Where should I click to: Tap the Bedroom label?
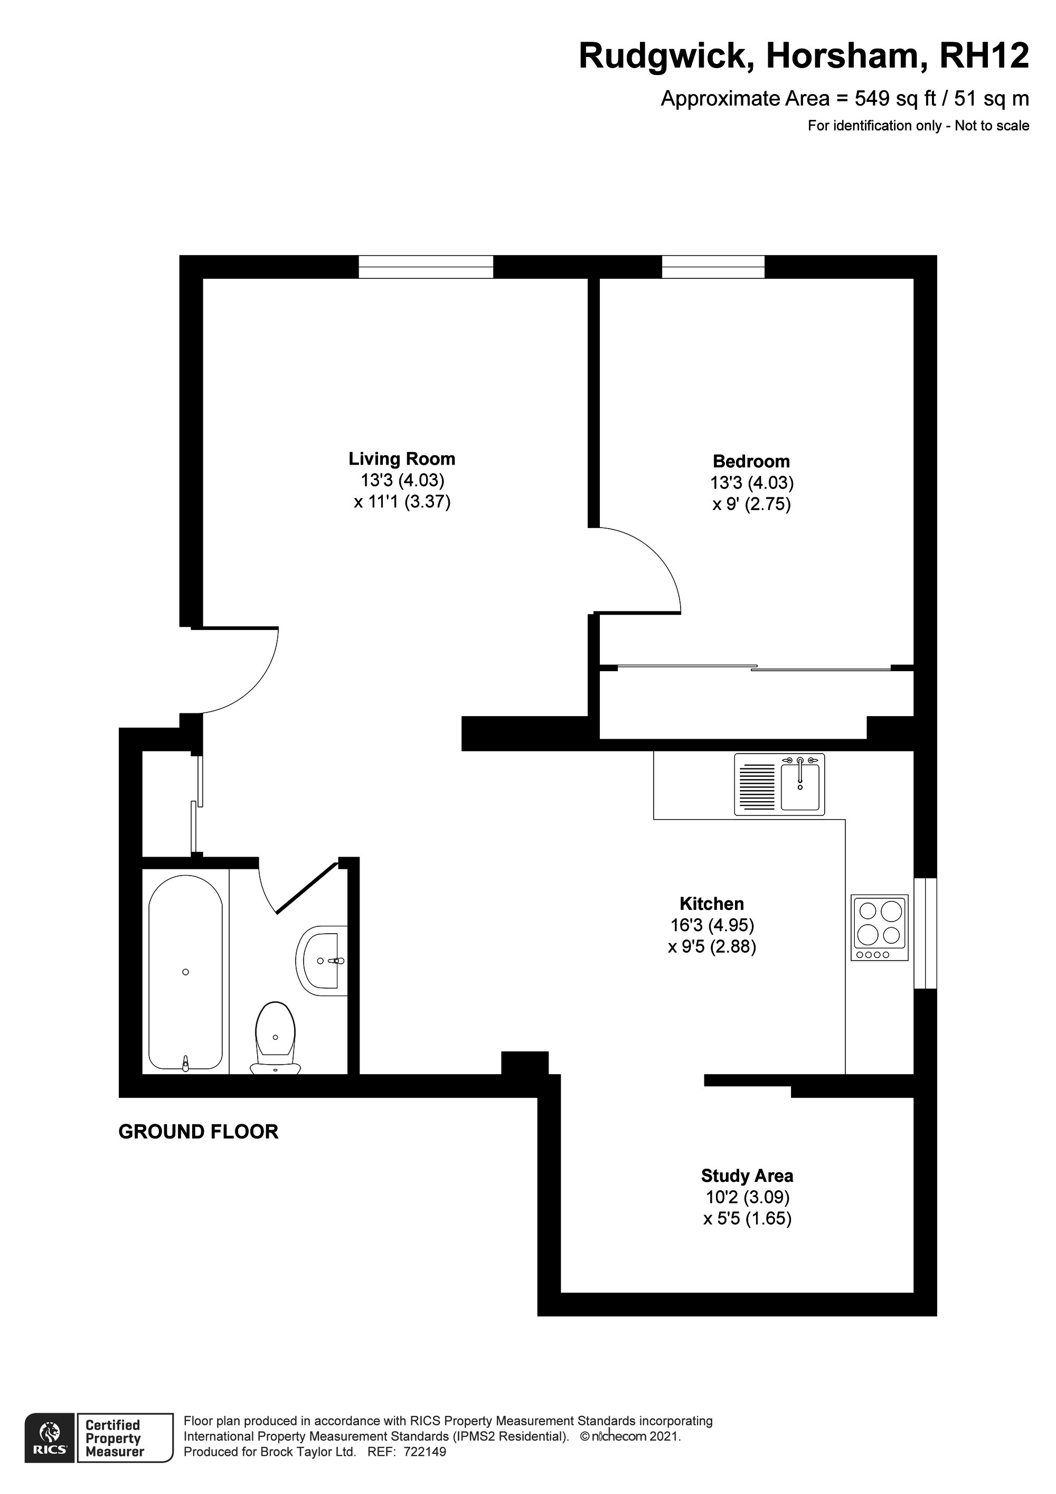(751, 462)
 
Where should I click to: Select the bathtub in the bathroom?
(185, 972)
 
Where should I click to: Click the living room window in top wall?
(426, 267)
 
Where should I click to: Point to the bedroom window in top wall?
(713, 267)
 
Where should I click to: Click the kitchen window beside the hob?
(925, 933)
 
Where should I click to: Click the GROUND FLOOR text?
(198, 1132)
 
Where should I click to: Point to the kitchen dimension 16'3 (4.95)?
(712, 925)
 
